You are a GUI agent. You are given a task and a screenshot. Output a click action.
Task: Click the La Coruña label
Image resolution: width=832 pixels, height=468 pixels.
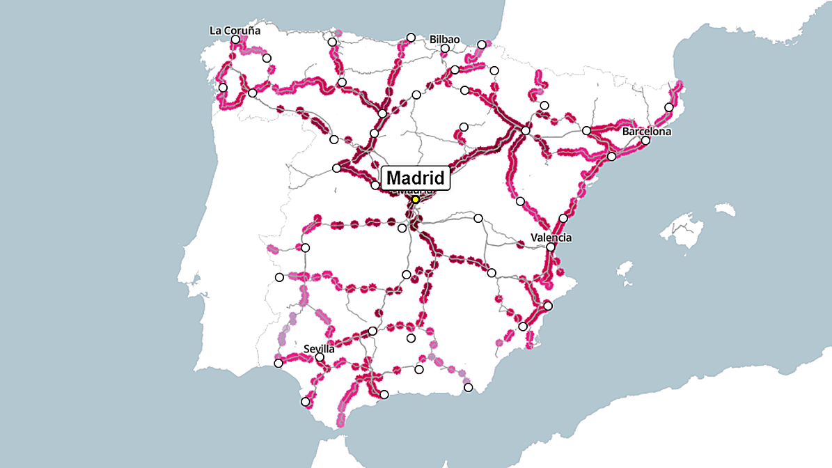click(x=235, y=31)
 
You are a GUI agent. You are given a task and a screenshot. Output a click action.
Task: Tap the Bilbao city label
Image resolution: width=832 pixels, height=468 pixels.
click(x=445, y=39)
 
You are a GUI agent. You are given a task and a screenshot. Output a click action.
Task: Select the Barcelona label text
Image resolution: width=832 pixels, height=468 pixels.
click(x=647, y=131)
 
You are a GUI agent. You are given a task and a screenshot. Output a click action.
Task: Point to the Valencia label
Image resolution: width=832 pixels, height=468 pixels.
click(x=551, y=237)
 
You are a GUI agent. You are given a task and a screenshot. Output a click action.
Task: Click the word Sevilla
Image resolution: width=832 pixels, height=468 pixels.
click(x=320, y=348)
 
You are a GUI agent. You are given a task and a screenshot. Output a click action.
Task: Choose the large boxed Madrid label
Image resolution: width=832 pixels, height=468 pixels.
click(x=416, y=178)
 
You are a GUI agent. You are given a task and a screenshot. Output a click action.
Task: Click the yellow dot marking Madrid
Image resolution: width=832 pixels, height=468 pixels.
click(x=415, y=199)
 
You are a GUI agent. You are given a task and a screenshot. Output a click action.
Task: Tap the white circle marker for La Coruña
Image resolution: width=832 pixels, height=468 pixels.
click(x=235, y=40)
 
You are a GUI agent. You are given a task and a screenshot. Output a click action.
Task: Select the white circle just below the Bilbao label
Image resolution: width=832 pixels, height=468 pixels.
click(x=445, y=49)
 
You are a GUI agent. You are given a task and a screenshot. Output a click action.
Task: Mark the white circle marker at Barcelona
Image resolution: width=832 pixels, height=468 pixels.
click(x=645, y=141)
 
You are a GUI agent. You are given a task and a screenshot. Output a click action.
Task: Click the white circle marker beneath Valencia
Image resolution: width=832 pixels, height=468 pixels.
click(x=551, y=247)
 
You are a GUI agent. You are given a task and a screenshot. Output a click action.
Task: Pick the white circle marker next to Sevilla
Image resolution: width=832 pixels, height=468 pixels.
click(x=320, y=357)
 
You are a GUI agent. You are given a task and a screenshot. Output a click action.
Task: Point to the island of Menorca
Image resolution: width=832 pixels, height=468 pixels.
click(x=722, y=208)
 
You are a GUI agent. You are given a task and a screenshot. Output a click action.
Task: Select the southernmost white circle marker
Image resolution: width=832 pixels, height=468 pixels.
click(x=305, y=402)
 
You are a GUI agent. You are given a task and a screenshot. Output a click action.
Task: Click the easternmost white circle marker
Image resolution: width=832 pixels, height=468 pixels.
click(x=668, y=107)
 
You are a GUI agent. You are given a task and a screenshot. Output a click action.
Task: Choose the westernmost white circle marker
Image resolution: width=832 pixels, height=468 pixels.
click(x=223, y=88)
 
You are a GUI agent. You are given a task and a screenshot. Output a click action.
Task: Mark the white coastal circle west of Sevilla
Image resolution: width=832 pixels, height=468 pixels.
click(x=278, y=363)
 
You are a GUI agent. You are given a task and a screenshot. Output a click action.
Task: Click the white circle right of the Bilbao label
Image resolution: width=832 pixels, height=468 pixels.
click(x=482, y=45)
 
